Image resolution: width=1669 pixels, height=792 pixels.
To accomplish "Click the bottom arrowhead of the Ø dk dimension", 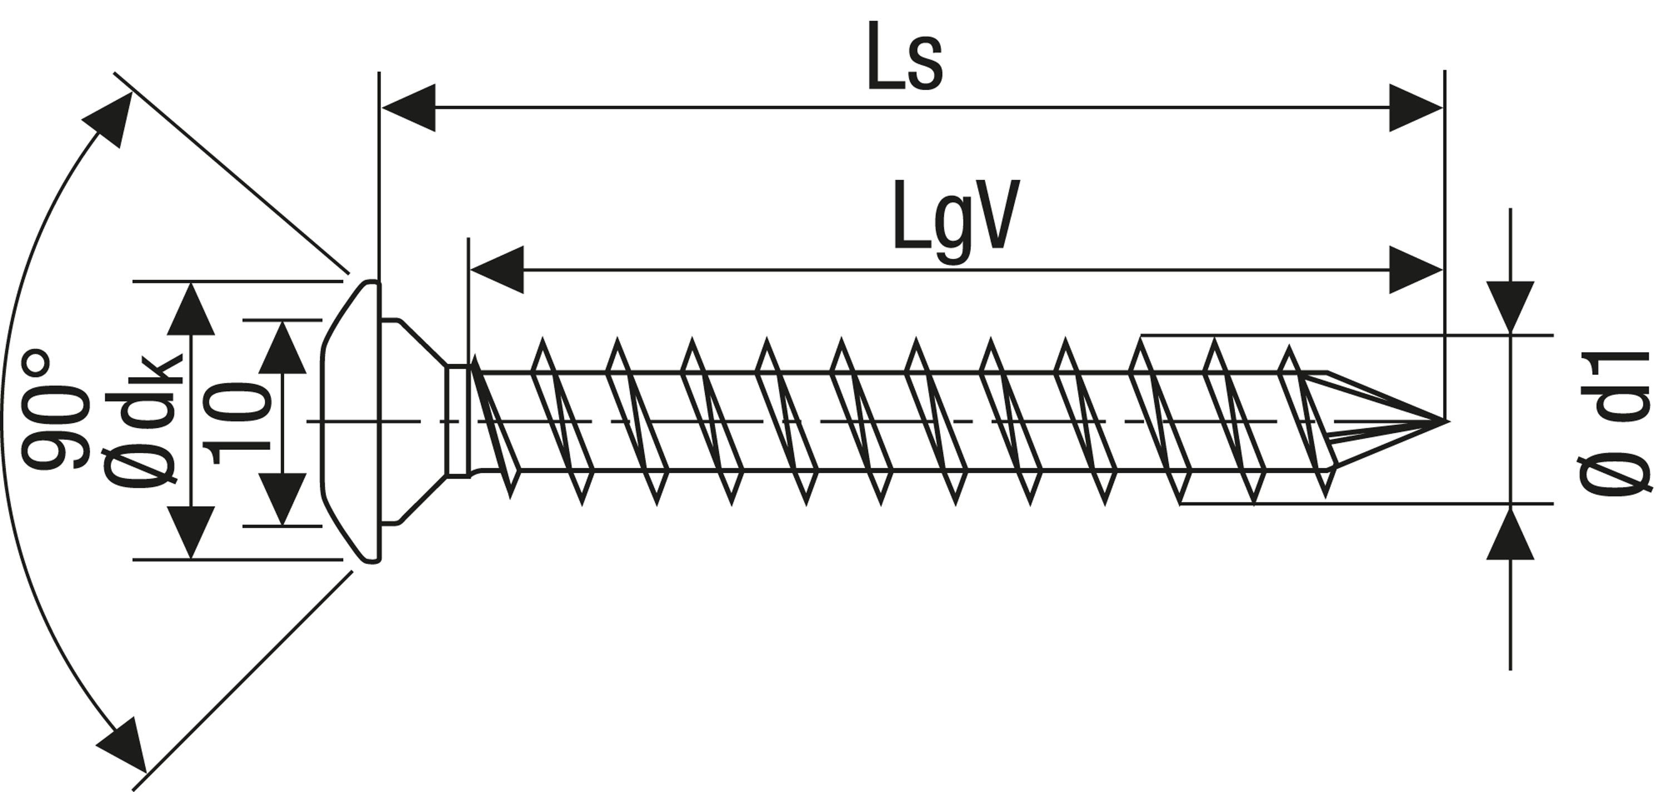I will [190, 532].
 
